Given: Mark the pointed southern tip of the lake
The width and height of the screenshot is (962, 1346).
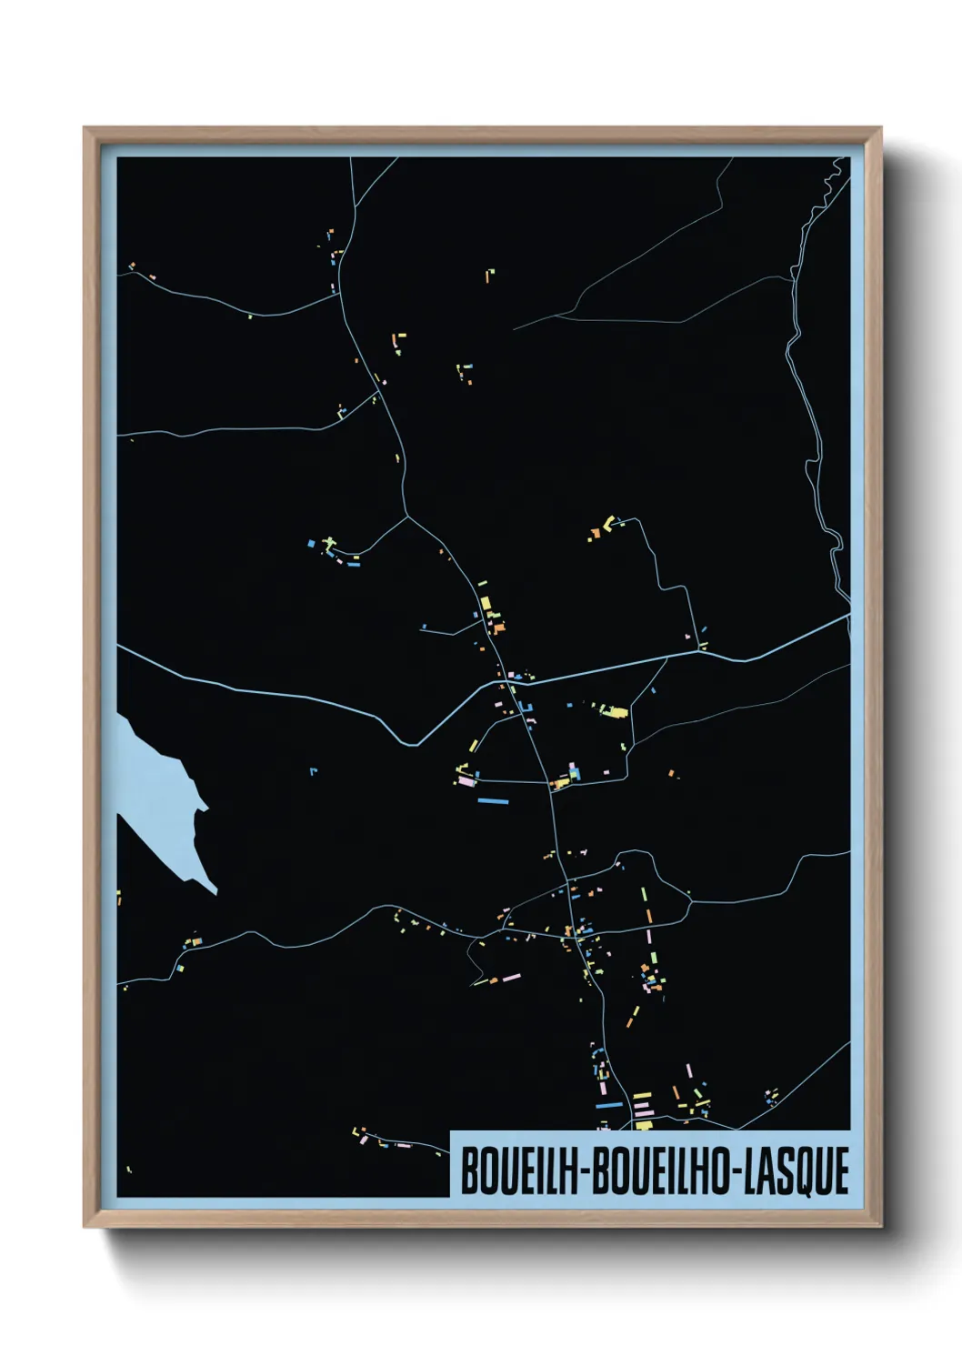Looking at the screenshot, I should click(215, 892).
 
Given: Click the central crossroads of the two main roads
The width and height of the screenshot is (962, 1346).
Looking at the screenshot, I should click(503, 680).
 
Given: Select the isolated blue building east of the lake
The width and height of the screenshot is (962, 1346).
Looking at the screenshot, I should click(313, 771).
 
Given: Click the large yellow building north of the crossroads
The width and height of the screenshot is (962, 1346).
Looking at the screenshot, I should click(486, 603).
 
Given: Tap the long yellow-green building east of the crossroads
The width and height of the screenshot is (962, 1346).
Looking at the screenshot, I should click(616, 712).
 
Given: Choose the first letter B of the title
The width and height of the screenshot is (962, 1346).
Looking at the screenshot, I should click(469, 1171).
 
